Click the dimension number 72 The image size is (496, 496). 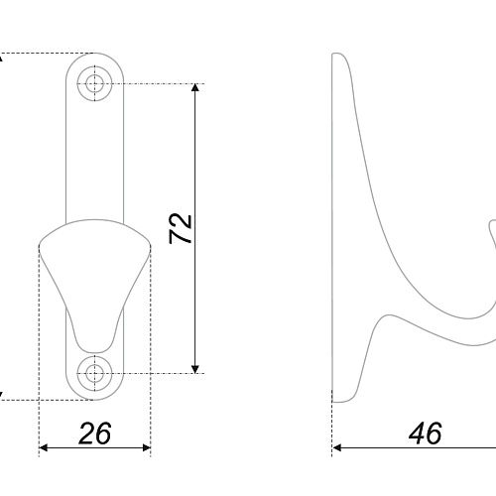181,229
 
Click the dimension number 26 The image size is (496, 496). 95,434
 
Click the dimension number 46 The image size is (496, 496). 426,434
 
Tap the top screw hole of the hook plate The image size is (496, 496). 95,83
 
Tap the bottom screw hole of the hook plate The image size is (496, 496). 95,374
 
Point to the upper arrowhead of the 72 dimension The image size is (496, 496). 195,87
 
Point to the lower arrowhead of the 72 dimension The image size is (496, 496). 195,369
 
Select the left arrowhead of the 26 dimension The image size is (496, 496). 44,448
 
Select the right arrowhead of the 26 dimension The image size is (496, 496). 147,448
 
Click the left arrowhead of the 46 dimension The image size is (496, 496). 336,448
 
